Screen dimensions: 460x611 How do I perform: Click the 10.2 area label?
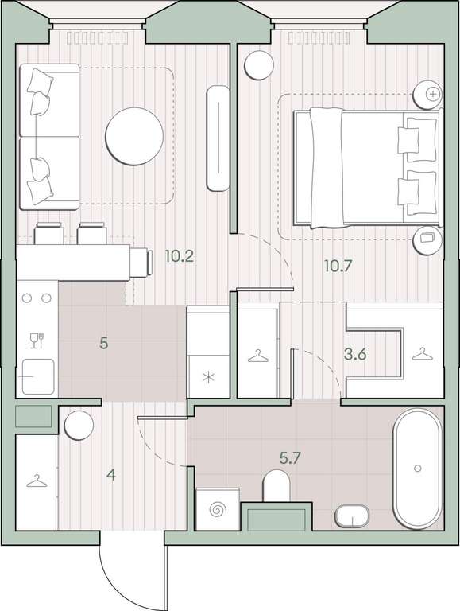(179, 256)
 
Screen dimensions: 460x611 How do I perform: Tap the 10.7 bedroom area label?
(338, 267)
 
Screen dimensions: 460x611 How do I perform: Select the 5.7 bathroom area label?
(290, 458)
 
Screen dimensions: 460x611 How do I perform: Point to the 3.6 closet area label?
(355, 355)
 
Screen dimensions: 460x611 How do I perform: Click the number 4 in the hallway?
(112, 475)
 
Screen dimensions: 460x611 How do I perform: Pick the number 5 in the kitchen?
(103, 344)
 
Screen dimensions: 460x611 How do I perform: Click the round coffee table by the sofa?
(134, 136)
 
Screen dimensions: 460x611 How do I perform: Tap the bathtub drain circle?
(418, 468)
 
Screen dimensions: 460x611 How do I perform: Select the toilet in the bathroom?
(276, 486)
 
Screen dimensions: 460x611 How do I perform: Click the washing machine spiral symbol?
(217, 509)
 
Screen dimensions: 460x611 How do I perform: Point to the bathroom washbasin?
(352, 516)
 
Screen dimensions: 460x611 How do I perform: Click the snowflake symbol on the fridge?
(210, 378)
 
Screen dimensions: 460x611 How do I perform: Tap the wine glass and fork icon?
(37, 341)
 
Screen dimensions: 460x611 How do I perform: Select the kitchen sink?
(38, 376)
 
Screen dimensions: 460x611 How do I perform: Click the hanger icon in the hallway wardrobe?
(37, 481)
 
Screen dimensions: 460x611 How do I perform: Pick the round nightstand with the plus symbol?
(427, 95)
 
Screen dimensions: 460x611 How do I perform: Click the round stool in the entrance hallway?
(79, 425)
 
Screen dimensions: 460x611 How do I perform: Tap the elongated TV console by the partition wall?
(218, 138)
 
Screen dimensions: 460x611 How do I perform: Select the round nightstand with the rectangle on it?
(427, 240)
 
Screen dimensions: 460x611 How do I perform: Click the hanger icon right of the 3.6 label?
(422, 354)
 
